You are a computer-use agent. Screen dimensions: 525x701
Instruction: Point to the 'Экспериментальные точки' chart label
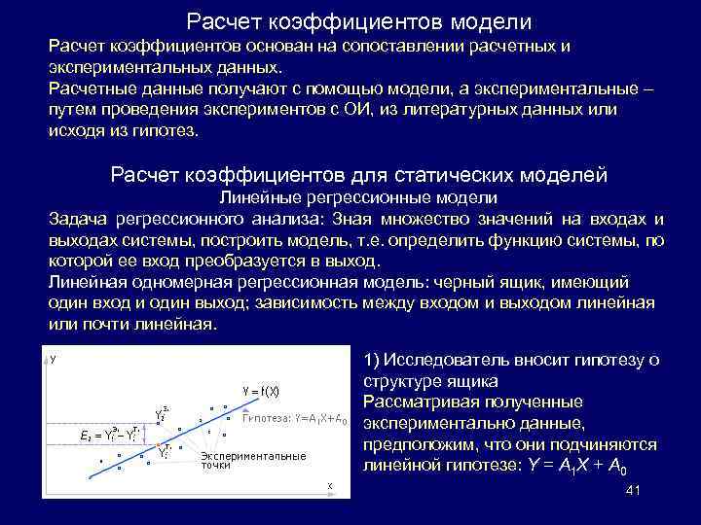pos(252,460)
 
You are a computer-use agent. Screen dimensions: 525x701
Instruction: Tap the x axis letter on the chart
pos(330,485)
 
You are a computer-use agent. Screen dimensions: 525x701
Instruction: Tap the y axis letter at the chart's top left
pos(53,360)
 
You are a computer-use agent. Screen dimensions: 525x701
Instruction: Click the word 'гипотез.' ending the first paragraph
pos(165,131)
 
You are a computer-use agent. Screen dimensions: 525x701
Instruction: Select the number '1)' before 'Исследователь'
pos(373,361)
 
